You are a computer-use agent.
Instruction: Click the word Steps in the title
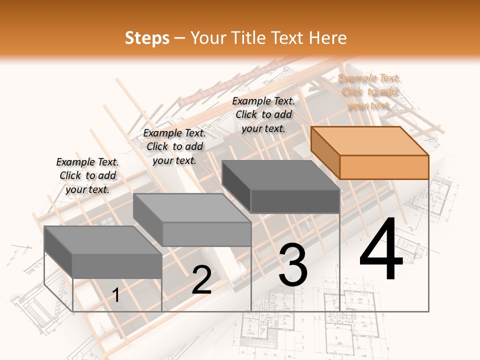[147, 38]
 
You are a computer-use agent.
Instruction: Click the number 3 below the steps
[293, 265]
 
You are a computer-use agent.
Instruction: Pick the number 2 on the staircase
[201, 280]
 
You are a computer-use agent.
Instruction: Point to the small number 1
[116, 295]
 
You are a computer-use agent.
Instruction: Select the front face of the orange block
[384, 167]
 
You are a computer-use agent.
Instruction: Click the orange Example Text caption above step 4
[369, 92]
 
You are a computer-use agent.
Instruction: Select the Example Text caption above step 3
[263, 114]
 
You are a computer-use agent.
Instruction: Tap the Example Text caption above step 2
[174, 146]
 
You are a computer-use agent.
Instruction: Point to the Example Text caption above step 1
[87, 175]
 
